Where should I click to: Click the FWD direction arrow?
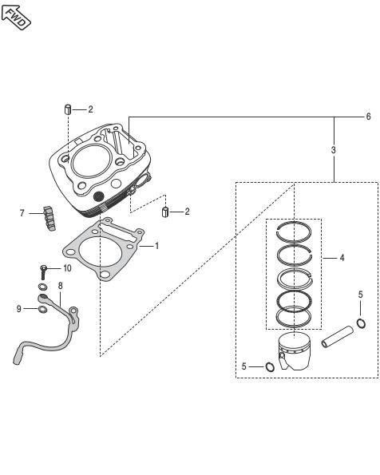(x=16, y=17)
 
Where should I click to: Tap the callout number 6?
(x=368, y=117)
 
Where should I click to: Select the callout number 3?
(x=334, y=150)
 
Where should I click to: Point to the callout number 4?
(x=342, y=258)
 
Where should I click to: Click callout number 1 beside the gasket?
(x=156, y=246)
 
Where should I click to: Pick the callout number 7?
(x=22, y=214)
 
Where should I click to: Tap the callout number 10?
(x=67, y=268)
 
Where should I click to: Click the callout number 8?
(x=61, y=286)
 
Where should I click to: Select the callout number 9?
(x=19, y=309)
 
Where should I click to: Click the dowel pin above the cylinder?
(x=68, y=109)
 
